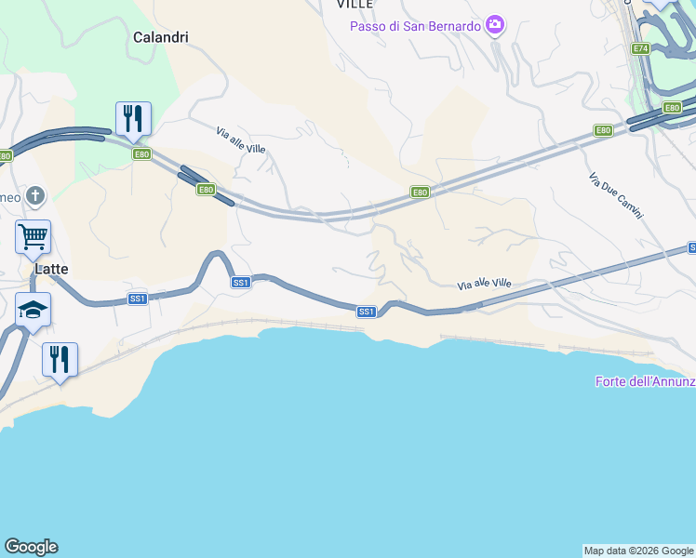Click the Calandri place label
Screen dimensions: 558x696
161,38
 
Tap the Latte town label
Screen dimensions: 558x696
52,269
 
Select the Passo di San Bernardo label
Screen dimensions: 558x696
415,26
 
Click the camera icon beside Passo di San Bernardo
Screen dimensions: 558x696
495,24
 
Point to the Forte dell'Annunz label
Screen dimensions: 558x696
645,381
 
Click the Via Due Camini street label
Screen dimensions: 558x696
616,195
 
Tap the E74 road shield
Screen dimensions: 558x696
640,48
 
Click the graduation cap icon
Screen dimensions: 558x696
33,309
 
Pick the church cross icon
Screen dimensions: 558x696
35,195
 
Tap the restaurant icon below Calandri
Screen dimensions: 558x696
133,118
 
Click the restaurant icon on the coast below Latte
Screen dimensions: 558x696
60,359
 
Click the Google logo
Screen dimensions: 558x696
31,547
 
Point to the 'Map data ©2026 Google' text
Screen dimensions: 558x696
639,551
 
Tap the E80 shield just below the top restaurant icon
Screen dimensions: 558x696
141,154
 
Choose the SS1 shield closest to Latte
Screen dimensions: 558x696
138,299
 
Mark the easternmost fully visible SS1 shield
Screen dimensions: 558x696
367,312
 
